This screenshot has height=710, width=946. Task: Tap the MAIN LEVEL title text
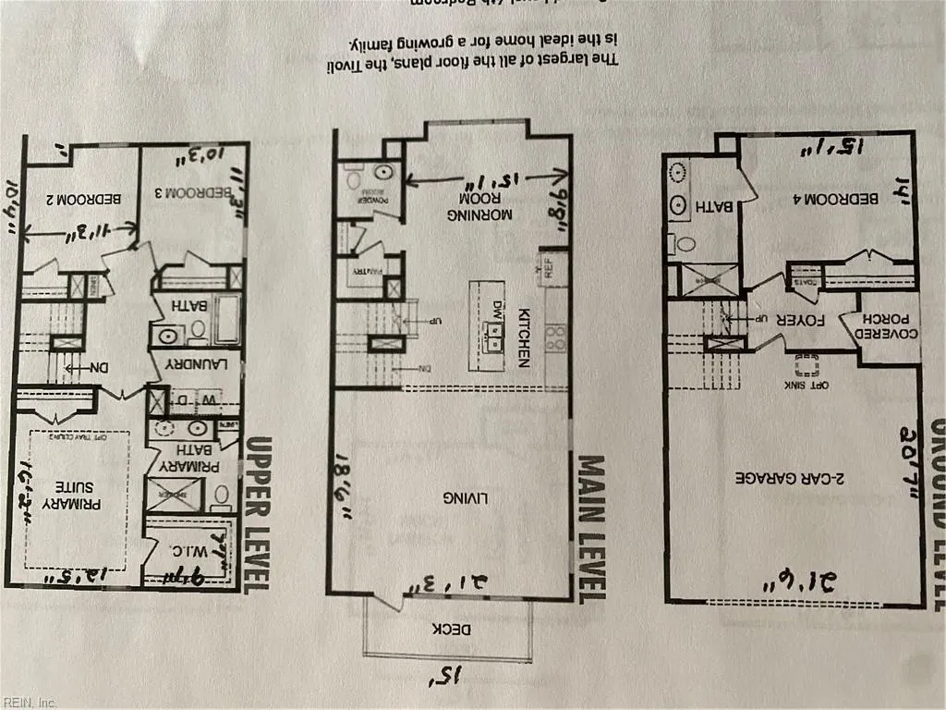pyautogui.click(x=591, y=527)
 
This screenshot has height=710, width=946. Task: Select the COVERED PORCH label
pyautogui.click(x=890, y=334)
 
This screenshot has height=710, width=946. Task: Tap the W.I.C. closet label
pyautogui.click(x=188, y=551)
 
